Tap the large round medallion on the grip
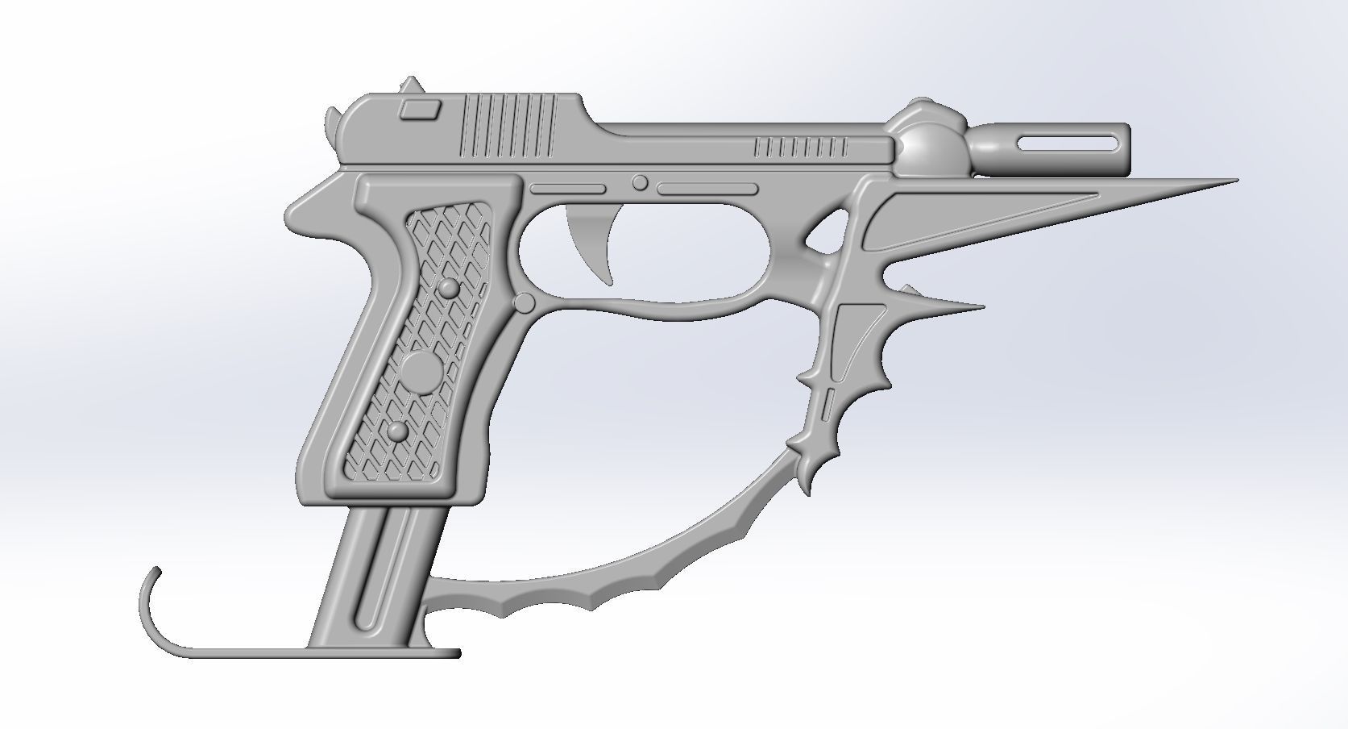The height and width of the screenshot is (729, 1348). tap(421, 370)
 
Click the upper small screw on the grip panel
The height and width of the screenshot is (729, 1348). tap(447, 289)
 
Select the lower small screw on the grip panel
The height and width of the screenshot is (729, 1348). tap(397, 432)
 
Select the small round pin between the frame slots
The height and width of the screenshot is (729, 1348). tap(640, 183)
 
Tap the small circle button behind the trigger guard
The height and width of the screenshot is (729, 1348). tap(524, 303)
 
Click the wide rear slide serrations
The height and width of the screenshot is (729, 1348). tap(509, 125)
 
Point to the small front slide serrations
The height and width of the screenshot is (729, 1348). tap(802, 148)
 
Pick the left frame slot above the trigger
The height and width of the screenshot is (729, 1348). tap(567, 189)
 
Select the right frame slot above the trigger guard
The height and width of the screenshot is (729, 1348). tap(707, 190)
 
